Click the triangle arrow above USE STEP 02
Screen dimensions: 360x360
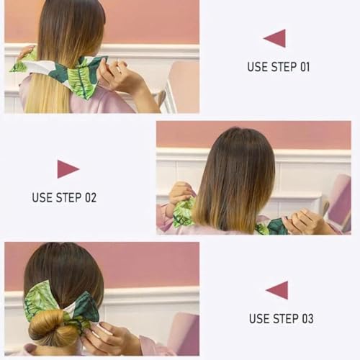pos(66,169)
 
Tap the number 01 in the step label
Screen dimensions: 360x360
pos(305,67)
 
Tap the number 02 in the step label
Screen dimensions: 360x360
pos(91,197)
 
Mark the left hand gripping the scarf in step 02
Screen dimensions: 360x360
pos(179,193)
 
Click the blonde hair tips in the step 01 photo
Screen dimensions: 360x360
pos(45,94)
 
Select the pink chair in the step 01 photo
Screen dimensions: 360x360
pos(184,86)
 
